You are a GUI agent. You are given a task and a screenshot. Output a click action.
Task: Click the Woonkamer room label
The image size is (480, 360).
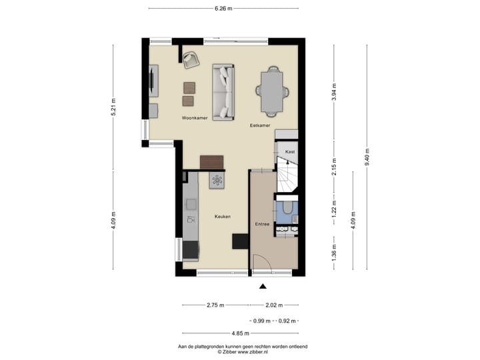click(x=195, y=118)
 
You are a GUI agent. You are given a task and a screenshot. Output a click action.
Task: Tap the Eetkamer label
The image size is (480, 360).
click(x=260, y=125)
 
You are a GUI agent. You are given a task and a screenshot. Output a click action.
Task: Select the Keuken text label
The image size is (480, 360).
click(x=223, y=217)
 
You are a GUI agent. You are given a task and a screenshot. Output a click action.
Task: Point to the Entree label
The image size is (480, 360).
click(x=262, y=224)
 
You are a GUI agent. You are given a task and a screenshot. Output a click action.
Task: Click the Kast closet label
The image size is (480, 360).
click(x=289, y=152)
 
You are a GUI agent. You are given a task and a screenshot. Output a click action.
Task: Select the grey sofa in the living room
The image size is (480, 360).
click(x=224, y=91)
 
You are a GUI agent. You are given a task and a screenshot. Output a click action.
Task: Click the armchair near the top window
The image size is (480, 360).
click(x=191, y=59)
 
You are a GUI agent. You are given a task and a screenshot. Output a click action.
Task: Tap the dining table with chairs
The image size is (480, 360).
click(x=273, y=91)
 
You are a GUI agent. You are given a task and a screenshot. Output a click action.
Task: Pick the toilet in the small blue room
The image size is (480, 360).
click(x=286, y=209)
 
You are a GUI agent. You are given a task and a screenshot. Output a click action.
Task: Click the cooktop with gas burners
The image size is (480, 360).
click(x=218, y=179)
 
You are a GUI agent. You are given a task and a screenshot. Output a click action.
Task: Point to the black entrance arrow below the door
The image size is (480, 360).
click(x=263, y=287)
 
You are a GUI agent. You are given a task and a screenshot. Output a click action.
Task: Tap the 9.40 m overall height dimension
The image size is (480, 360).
click(x=367, y=157)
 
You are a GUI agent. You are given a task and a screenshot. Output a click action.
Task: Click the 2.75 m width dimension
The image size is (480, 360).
click(x=215, y=305)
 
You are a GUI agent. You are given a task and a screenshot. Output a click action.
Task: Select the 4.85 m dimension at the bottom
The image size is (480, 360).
click(x=240, y=333)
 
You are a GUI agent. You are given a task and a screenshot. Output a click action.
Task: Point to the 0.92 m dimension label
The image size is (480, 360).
click(x=288, y=321)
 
